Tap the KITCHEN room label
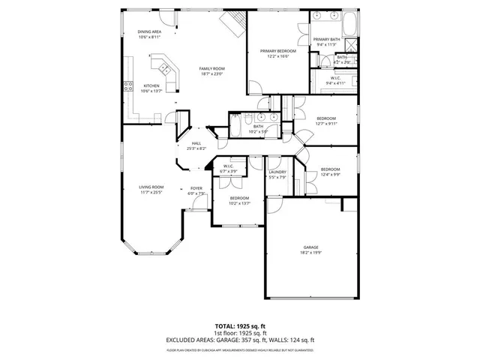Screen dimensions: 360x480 [151, 85]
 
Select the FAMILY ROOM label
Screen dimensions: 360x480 [212, 68]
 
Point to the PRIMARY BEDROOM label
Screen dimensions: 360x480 [278, 51]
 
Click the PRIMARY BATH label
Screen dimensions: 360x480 [326, 39]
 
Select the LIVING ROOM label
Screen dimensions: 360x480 [151, 187]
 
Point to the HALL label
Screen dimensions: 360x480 [196, 143]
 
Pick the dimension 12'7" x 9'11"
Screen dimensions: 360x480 [325, 124]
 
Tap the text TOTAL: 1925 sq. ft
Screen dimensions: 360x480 [240, 325]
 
